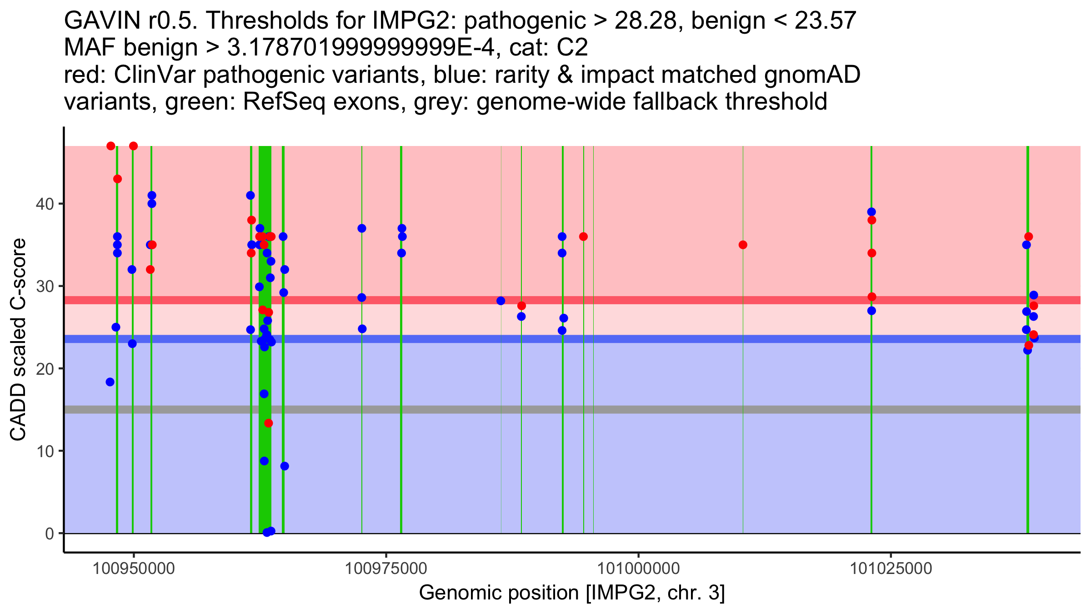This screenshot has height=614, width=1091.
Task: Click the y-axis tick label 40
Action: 45,204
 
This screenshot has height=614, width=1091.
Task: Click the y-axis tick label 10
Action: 45,451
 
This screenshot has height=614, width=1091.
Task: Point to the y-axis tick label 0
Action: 50,533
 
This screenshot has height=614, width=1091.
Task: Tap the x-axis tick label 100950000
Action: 134,569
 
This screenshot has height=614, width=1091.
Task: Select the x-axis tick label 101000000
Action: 639,569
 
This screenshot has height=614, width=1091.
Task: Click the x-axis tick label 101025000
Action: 891,569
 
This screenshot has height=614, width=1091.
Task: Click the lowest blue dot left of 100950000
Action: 110,382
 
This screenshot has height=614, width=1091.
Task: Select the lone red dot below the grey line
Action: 269,423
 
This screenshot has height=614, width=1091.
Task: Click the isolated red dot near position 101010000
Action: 743,245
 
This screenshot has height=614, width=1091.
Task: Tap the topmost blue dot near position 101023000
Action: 871,212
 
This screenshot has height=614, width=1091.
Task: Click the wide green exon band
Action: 265,339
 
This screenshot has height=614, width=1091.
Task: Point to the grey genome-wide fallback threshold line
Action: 572,410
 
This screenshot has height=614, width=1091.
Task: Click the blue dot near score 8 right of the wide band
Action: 285,466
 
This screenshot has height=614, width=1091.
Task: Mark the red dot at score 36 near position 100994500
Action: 583,237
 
